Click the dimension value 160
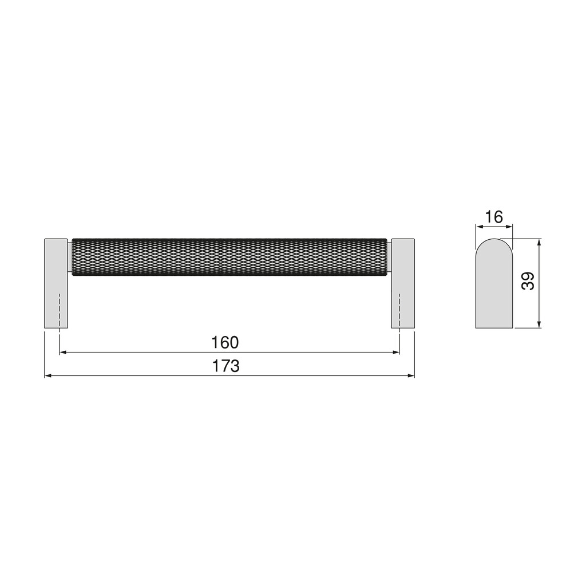(x=224, y=343)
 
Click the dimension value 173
(x=226, y=366)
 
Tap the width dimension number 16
(x=493, y=217)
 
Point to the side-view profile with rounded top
(x=494, y=286)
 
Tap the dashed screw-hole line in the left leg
(x=60, y=312)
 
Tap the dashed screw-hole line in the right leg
(x=399, y=312)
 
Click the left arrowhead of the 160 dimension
(x=62, y=353)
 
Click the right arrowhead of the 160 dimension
(x=397, y=353)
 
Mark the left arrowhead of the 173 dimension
(x=47, y=376)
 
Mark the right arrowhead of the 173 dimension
(x=411, y=376)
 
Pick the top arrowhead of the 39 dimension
(x=540, y=242)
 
